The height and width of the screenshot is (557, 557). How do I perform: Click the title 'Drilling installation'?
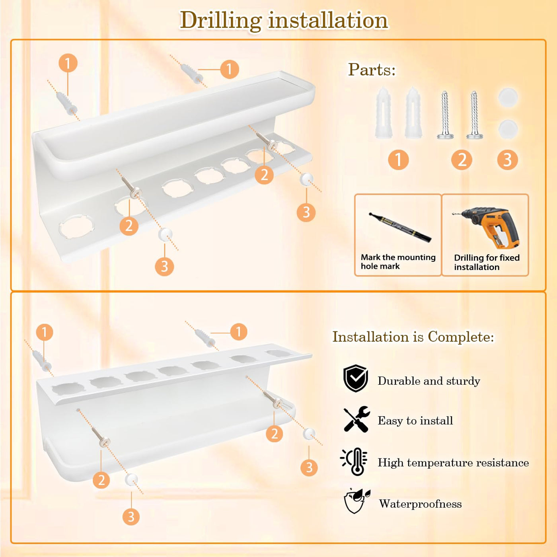[284, 21]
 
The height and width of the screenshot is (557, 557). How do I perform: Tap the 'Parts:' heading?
[372, 70]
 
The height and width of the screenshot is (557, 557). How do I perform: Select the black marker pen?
[400, 227]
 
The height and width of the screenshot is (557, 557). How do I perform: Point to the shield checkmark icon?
[356, 378]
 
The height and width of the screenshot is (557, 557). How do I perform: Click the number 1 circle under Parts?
[398, 160]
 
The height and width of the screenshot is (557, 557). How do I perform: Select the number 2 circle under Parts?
[462, 160]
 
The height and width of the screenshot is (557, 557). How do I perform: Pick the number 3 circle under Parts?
[507, 160]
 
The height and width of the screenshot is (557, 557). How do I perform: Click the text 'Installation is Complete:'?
[413, 337]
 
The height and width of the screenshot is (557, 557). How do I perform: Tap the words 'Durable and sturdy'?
[429, 381]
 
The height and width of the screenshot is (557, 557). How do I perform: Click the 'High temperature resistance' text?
[453, 462]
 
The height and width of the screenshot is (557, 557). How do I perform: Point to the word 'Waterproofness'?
[420, 504]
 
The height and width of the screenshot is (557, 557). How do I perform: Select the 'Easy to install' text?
[415, 421]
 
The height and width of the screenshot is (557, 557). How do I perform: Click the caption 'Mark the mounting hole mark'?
[398, 261]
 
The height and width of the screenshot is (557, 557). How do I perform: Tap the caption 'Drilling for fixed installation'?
[487, 262]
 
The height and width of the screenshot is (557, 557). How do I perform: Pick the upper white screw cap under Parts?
[508, 98]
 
